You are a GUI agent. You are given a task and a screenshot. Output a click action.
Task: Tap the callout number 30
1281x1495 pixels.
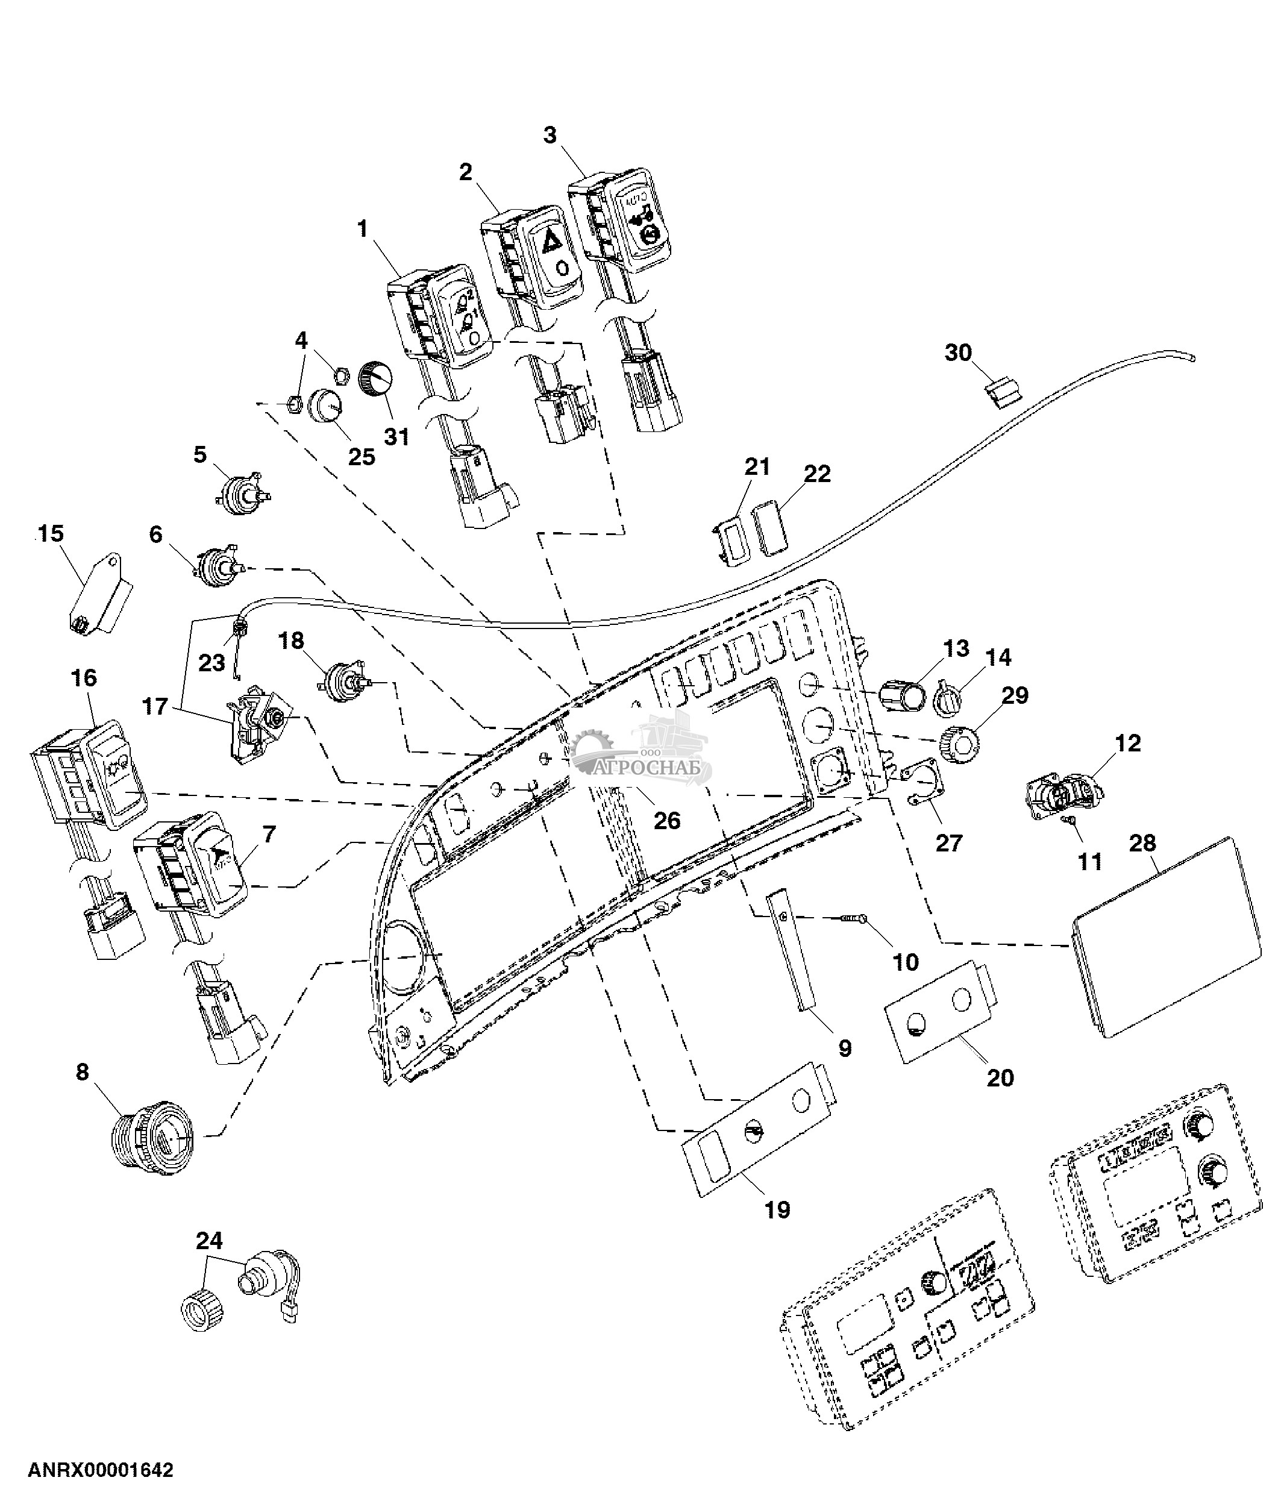958,353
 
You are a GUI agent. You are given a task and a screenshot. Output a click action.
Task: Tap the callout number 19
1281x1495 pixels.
777,1210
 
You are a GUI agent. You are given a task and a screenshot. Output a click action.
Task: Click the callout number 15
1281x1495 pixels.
51,534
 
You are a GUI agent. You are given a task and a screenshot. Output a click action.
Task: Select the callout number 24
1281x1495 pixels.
209,1241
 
